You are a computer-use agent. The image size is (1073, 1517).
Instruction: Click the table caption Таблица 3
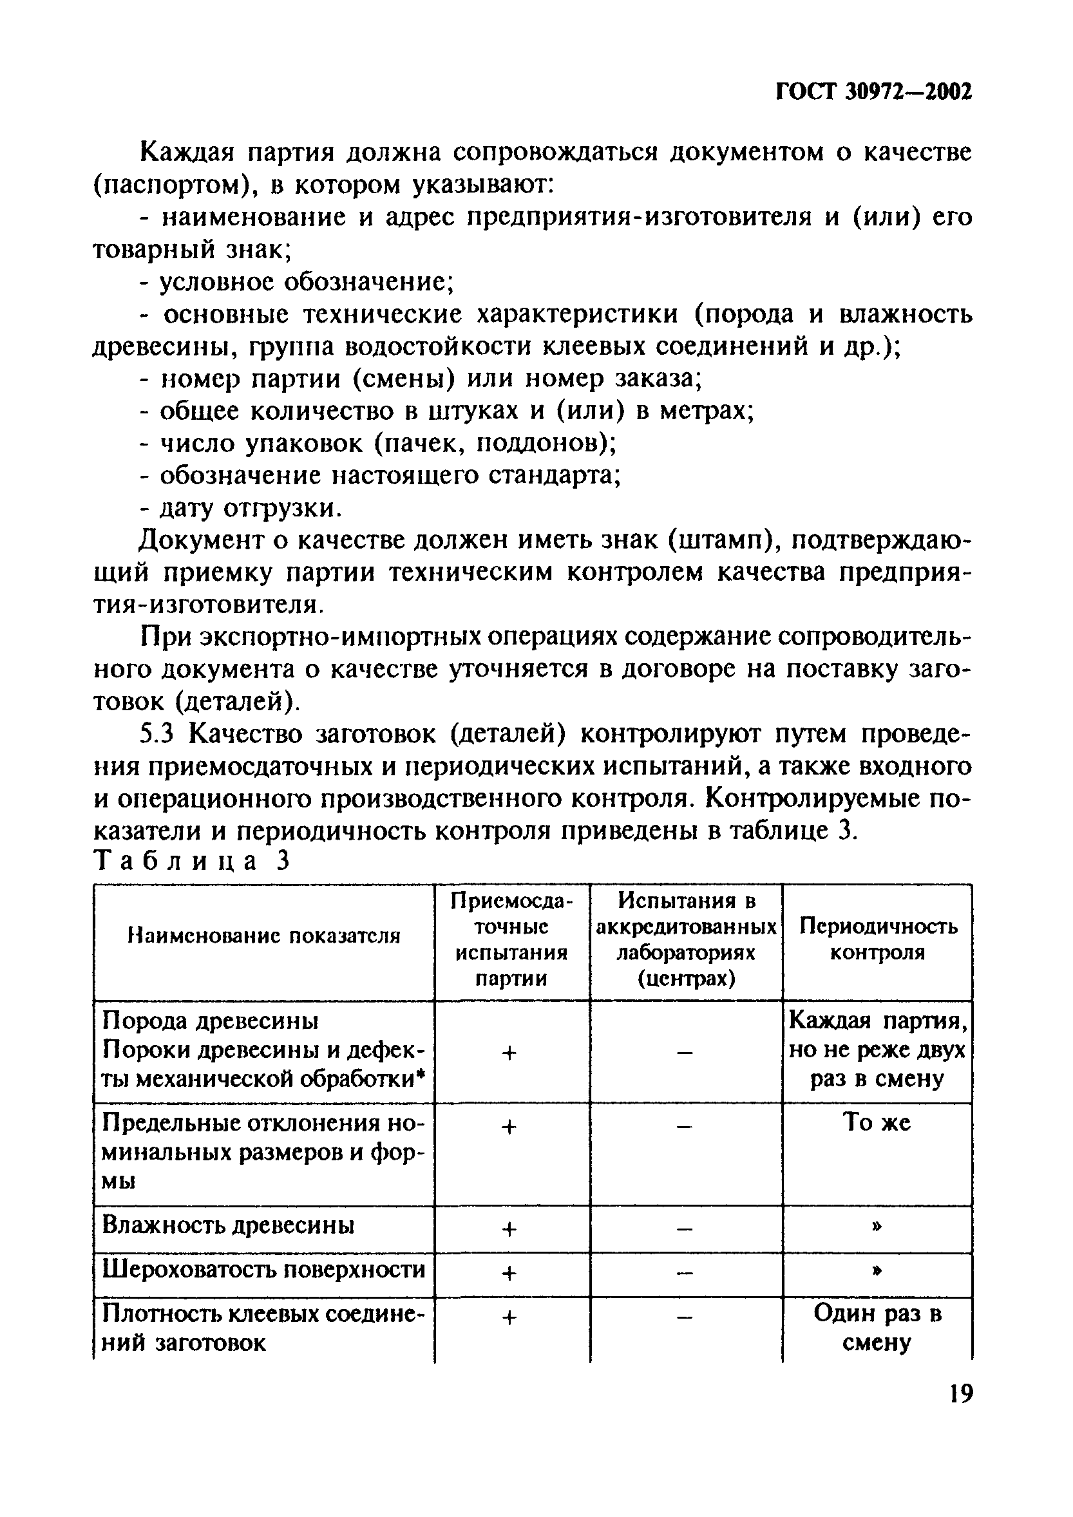(x=193, y=862)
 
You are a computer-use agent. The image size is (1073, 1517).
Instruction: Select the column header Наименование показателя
(x=263, y=936)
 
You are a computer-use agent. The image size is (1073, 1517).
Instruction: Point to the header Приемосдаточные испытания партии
(x=511, y=939)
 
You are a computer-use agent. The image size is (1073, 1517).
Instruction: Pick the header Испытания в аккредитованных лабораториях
(x=686, y=939)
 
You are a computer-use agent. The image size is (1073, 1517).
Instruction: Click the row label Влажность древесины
(x=228, y=1225)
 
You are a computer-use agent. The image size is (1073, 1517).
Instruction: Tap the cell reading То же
(x=877, y=1123)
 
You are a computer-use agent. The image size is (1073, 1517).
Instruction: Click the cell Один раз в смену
(x=877, y=1328)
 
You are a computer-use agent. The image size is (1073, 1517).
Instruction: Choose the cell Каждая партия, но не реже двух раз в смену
(x=877, y=1050)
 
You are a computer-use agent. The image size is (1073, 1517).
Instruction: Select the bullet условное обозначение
(x=298, y=282)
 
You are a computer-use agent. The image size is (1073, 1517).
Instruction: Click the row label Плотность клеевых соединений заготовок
(x=263, y=1328)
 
